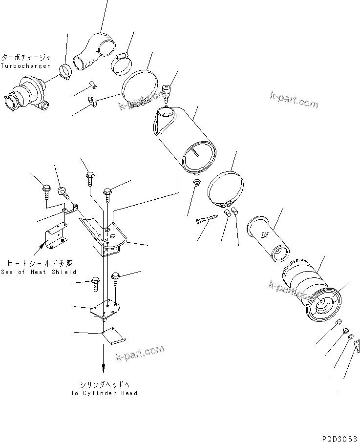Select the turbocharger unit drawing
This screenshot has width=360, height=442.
click(x=28, y=96)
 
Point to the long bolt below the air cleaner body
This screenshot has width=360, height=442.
click(x=206, y=220)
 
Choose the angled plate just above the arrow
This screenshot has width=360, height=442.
click(x=115, y=337)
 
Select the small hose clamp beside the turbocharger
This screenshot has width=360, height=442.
click(x=64, y=71)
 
